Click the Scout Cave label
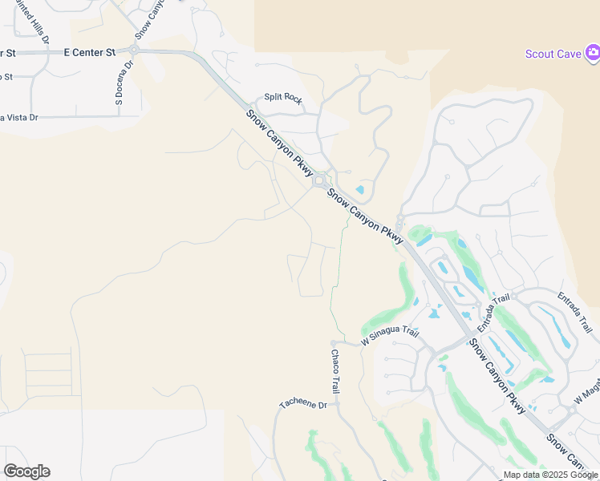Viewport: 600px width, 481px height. [x=553, y=54]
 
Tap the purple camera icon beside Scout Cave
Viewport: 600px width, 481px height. [x=593, y=54]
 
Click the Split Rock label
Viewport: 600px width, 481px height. [x=283, y=99]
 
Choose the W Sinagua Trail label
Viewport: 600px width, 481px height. [x=390, y=335]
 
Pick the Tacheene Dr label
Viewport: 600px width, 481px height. [x=303, y=404]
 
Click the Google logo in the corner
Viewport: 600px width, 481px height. [x=26, y=471]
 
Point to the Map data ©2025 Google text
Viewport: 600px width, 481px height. [x=550, y=475]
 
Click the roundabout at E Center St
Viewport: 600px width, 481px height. [x=134, y=50]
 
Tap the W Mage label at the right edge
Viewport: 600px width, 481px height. [x=586, y=393]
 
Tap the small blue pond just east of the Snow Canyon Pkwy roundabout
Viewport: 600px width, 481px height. [x=359, y=191]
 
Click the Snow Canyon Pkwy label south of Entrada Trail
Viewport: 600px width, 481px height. [x=497, y=375]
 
